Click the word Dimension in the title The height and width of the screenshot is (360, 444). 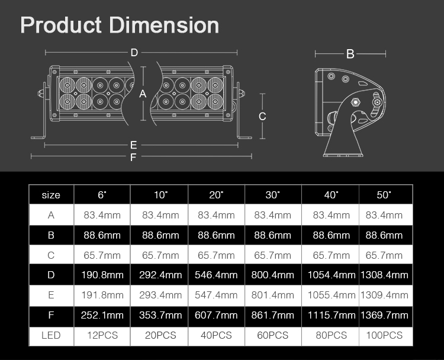(x=164, y=25)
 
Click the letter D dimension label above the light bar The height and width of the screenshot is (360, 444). (x=134, y=52)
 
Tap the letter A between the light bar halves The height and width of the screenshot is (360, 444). (x=143, y=94)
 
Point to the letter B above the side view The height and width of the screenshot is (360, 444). (x=350, y=54)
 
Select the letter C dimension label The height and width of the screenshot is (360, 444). (x=262, y=117)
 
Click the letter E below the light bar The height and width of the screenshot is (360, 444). (x=134, y=145)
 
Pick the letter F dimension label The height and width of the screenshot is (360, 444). (x=133, y=157)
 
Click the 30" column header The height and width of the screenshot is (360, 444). (x=272, y=195)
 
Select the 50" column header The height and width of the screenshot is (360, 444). (x=384, y=195)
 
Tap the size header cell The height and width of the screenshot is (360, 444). (x=51, y=195)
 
